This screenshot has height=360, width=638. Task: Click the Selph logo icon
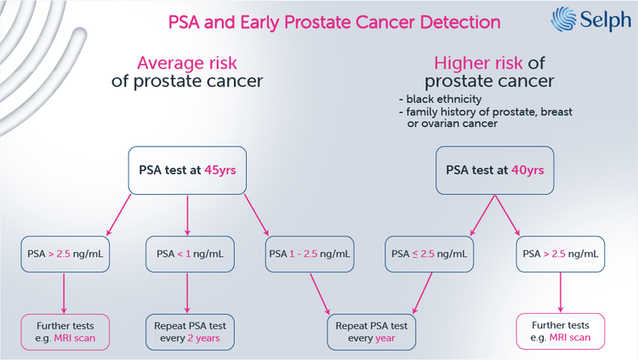[x=564, y=19]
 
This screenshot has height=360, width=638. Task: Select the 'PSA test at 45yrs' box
[x=187, y=169]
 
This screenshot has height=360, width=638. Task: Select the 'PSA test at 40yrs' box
[x=494, y=169]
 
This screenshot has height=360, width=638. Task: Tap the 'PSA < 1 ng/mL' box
[x=188, y=253]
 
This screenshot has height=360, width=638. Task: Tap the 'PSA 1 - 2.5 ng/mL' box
[x=310, y=253]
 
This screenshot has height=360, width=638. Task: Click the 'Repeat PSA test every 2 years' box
[x=188, y=331]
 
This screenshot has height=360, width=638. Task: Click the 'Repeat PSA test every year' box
[x=371, y=331]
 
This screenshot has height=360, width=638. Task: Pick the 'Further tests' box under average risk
[x=65, y=331]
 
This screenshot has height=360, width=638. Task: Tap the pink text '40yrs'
[x=527, y=169]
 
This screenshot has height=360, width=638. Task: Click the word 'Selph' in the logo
[x=601, y=19]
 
